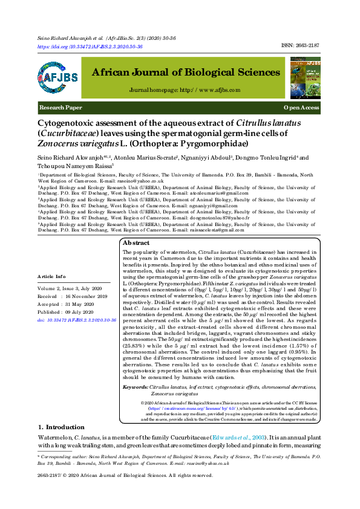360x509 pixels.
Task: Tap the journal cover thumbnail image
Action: click(x=305, y=79)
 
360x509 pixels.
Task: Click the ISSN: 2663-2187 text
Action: click(x=301, y=46)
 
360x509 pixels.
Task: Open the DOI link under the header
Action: click(x=90, y=47)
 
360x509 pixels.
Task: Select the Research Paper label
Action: click(x=61, y=108)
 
